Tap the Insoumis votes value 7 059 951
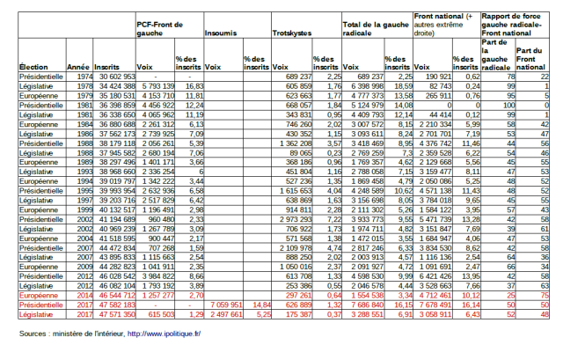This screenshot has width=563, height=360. click(x=228, y=305)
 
